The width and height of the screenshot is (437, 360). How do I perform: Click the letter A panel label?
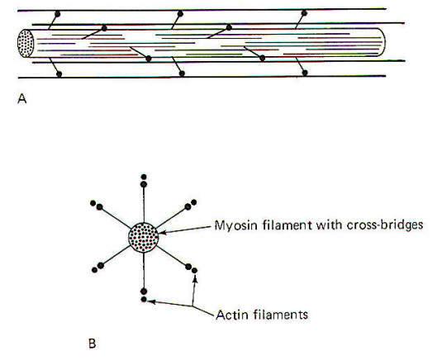click(x=22, y=98)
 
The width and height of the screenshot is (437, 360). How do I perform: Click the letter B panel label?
click(x=93, y=343)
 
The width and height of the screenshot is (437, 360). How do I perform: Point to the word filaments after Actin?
click(x=281, y=315)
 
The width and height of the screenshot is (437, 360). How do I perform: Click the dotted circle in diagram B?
click(x=144, y=238)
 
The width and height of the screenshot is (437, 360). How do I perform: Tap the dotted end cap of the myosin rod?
click(x=26, y=43)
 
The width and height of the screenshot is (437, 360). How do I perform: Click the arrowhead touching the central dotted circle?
click(x=162, y=232)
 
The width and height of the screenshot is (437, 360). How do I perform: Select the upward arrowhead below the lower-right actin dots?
click(x=195, y=278)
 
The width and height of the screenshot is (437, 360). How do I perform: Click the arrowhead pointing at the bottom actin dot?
click(x=151, y=301)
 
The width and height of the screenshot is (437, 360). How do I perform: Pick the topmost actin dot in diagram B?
click(x=144, y=177)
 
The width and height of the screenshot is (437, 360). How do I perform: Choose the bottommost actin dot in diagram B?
click(x=144, y=299)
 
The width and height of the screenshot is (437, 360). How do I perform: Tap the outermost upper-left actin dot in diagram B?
click(x=93, y=203)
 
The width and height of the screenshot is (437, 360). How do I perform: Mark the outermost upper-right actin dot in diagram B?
click(x=194, y=202)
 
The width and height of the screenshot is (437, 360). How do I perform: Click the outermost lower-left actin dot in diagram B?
click(x=94, y=270)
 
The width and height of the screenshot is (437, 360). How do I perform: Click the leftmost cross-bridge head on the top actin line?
click(x=57, y=14)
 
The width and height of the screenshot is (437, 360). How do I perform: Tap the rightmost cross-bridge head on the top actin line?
click(x=304, y=13)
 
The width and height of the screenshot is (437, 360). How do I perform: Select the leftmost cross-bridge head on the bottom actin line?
click(x=59, y=73)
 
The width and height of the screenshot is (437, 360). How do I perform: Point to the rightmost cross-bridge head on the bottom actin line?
click(x=305, y=73)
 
